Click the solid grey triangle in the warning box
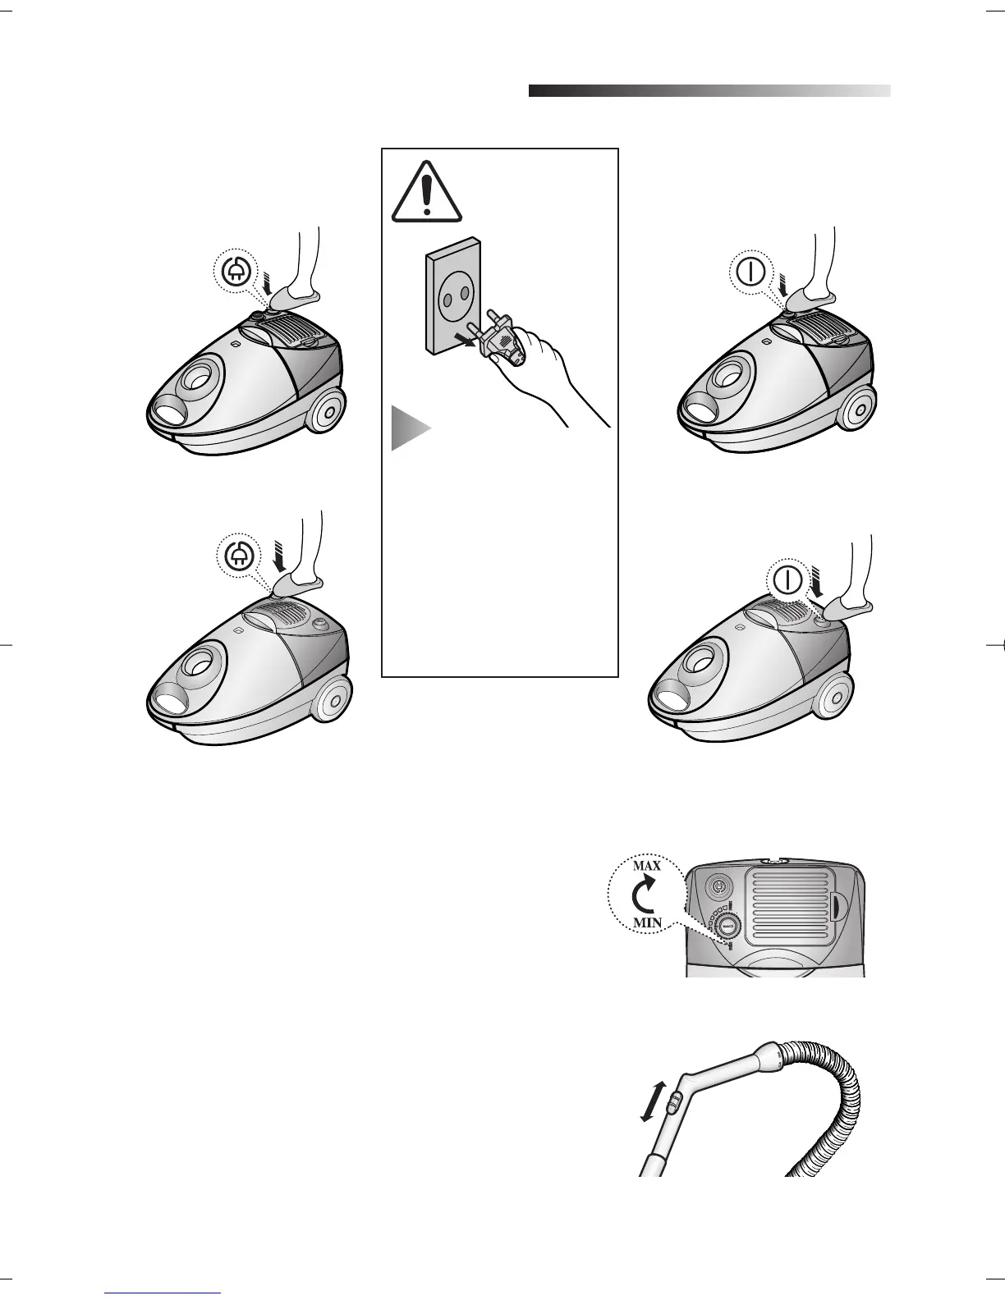click(x=409, y=427)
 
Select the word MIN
click(x=646, y=922)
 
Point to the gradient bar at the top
click(x=709, y=90)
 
